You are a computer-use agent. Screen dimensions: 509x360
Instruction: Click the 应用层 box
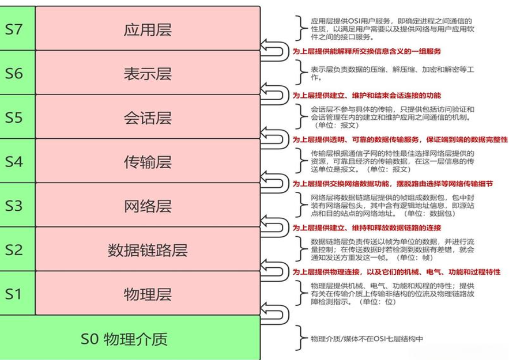point(148,29)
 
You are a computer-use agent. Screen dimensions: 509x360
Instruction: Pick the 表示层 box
point(148,73)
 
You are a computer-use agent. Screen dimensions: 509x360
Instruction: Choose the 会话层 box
point(148,118)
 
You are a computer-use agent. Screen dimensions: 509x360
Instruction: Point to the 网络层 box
point(148,206)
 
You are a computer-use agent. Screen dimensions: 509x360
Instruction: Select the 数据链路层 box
point(148,250)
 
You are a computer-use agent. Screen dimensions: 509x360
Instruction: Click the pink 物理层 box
point(148,294)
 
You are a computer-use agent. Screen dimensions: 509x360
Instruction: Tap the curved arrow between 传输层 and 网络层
point(275,183)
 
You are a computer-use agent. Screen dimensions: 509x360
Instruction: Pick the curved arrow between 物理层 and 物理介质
point(275,316)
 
